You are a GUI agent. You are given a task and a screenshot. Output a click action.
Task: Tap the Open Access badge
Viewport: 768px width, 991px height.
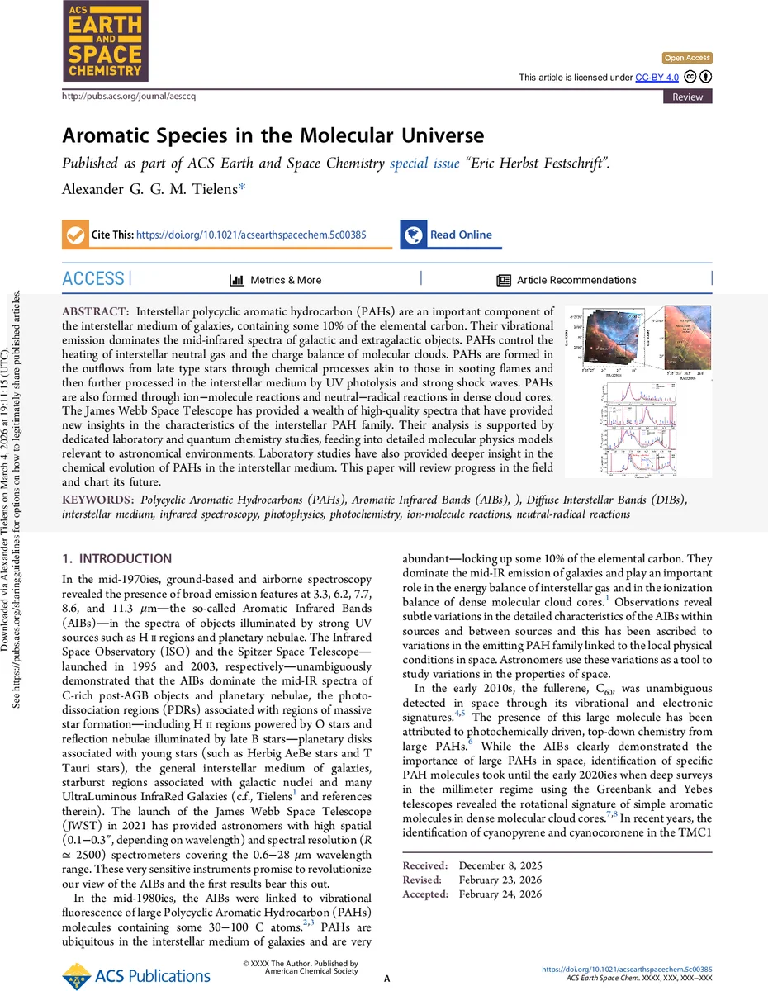(687, 58)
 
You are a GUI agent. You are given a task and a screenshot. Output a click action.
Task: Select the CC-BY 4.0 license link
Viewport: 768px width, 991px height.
(657, 77)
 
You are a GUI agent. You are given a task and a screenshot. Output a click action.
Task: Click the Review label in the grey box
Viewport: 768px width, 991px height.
(688, 97)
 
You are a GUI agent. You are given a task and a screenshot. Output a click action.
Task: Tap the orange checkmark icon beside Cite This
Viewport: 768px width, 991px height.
(75, 235)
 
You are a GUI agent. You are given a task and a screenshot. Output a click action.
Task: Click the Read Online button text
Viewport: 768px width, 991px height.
(461, 235)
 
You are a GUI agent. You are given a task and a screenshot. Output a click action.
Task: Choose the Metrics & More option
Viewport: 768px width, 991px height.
(286, 280)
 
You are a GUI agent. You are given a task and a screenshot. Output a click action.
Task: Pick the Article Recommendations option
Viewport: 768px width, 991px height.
(576, 280)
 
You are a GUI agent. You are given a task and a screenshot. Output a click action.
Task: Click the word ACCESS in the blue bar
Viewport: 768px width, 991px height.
(93, 279)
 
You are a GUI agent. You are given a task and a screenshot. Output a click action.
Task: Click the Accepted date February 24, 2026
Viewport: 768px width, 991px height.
(500, 894)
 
